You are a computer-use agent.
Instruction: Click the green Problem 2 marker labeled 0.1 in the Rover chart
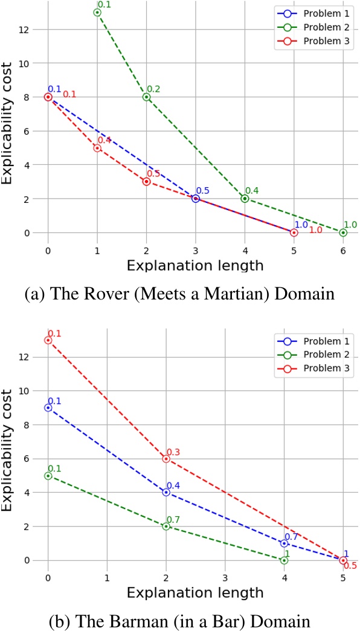(x=97, y=12)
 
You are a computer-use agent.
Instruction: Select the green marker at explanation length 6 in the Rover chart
(x=343, y=232)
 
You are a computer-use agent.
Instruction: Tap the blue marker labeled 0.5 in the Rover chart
(x=196, y=199)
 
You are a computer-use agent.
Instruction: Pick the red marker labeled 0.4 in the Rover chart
(x=97, y=148)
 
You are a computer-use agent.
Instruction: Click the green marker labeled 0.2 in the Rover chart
(x=146, y=97)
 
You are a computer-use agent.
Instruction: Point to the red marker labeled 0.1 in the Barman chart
(x=48, y=340)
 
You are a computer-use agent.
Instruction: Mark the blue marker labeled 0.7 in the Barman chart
(x=284, y=543)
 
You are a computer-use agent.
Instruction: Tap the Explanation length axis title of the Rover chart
(x=195, y=264)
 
